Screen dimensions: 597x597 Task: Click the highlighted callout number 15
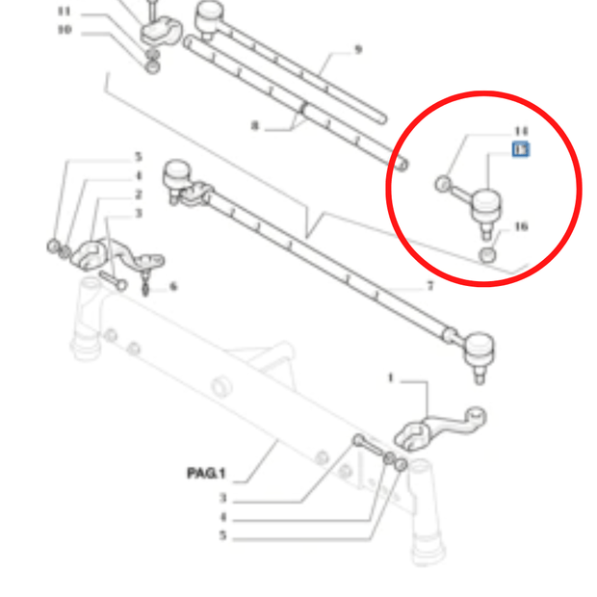pyautogui.click(x=520, y=149)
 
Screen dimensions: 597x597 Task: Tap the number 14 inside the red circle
pyautogui.click(x=521, y=130)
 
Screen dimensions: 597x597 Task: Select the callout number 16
pyautogui.click(x=521, y=227)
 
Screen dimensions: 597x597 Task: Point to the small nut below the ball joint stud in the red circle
pyautogui.click(x=488, y=254)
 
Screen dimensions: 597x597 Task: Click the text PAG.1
pyautogui.click(x=205, y=474)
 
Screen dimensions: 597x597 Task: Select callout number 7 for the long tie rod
pyautogui.click(x=429, y=286)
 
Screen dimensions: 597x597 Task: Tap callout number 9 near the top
pyautogui.click(x=358, y=49)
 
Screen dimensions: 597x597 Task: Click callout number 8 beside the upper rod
pyautogui.click(x=255, y=124)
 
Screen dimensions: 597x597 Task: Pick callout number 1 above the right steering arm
pyautogui.click(x=391, y=378)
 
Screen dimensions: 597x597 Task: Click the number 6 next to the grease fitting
pyautogui.click(x=173, y=286)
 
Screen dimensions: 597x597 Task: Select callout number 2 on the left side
pyautogui.click(x=138, y=194)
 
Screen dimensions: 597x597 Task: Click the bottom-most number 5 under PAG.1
pyautogui.click(x=222, y=535)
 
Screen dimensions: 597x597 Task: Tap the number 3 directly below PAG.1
pyautogui.click(x=222, y=498)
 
